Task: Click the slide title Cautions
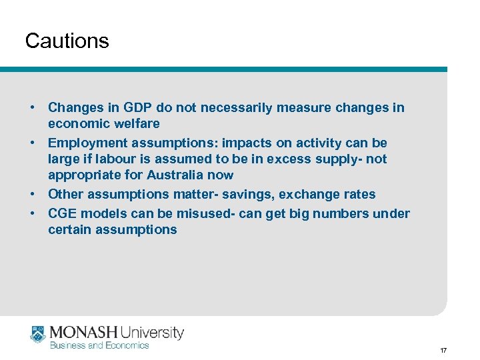tap(67, 41)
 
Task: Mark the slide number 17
tap(442, 350)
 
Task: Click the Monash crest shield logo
tap(37, 334)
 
